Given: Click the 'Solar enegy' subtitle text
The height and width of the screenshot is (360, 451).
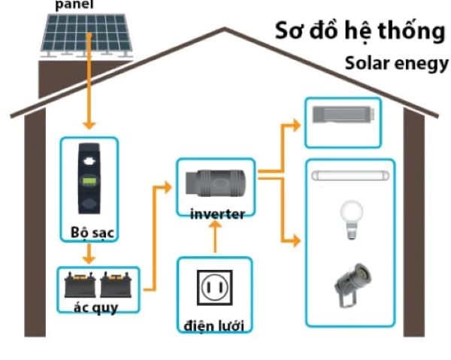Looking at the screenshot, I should (396, 63).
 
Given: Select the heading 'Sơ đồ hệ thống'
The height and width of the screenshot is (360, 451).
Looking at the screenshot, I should (360, 32).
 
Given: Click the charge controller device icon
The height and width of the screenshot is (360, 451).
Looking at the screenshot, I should (89, 180).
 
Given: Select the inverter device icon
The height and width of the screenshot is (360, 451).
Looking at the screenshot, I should (216, 183).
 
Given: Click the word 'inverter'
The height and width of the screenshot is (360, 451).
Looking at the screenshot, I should (216, 214).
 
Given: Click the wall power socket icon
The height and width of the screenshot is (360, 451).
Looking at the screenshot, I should (214, 287).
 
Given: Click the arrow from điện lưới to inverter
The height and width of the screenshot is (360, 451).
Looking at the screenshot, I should (216, 239).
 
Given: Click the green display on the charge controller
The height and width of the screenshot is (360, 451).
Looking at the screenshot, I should (89, 183).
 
